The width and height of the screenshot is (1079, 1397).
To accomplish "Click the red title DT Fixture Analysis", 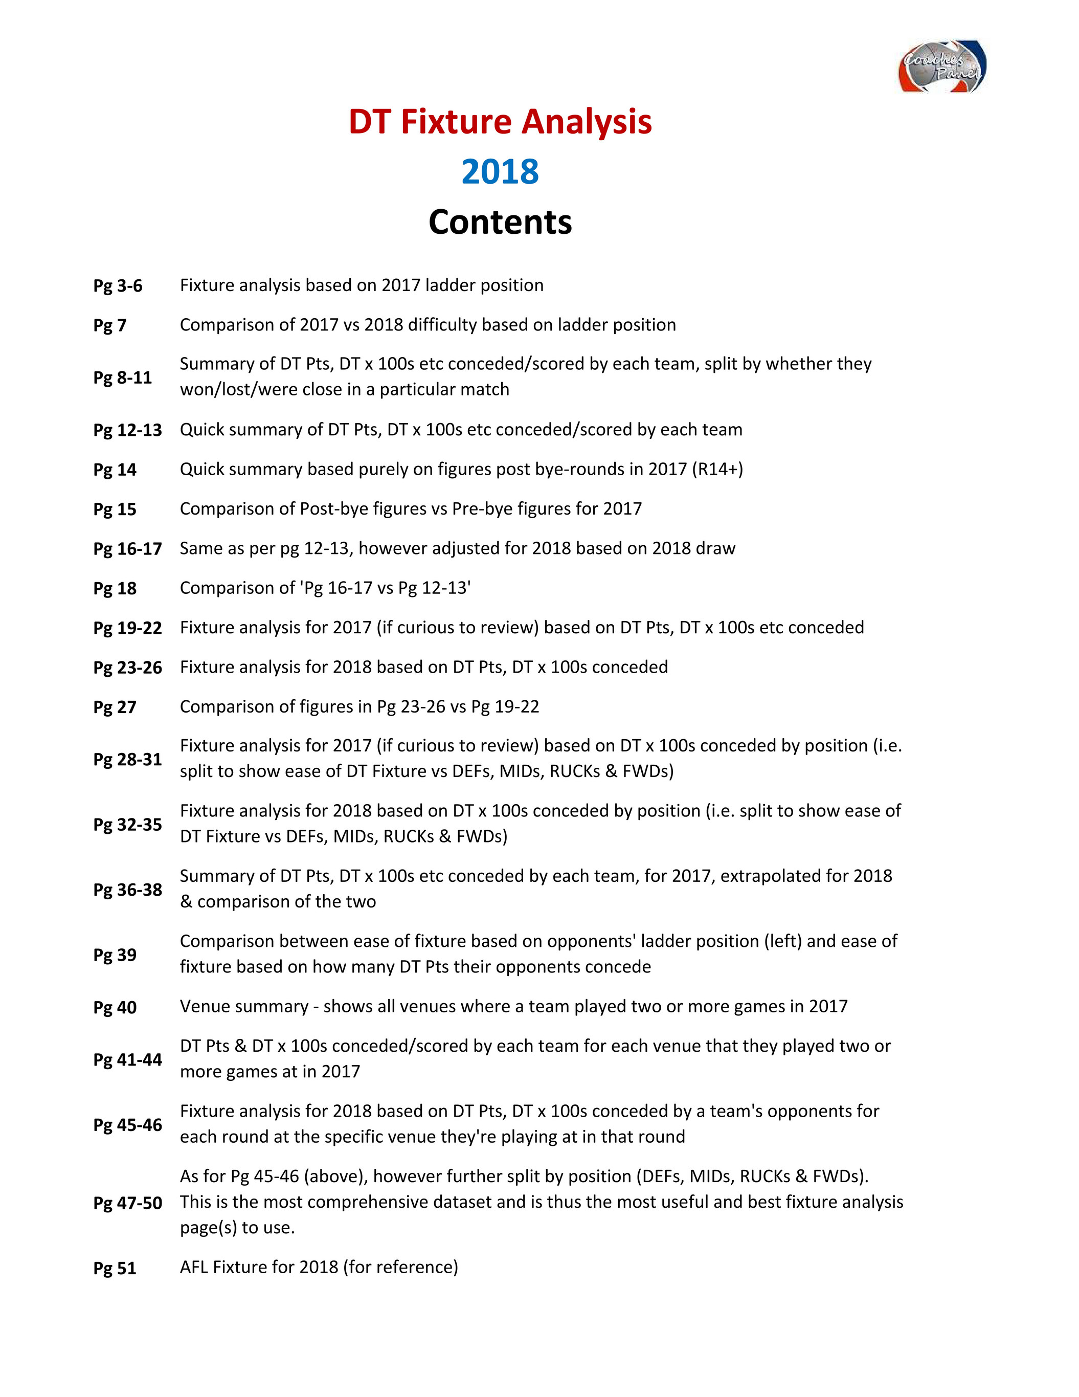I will click(x=500, y=122).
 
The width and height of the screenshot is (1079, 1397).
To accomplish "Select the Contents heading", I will click(x=500, y=222).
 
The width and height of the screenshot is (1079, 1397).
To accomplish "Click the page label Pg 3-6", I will click(x=118, y=285).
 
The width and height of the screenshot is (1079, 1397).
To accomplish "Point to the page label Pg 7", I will click(x=110, y=325).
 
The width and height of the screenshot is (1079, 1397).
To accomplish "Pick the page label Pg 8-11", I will click(x=123, y=378).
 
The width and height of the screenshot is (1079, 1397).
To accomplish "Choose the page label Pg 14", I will click(x=115, y=470).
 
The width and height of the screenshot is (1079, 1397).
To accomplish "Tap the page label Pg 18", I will click(x=115, y=588).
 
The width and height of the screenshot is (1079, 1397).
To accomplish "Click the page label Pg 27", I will click(x=115, y=707).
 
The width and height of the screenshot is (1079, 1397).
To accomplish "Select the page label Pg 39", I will click(x=115, y=955).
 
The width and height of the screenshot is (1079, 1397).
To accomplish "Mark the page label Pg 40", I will click(x=115, y=1007).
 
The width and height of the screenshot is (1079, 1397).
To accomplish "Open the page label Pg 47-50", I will click(x=128, y=1203).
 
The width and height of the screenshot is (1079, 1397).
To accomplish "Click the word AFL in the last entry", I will click(x=194, y=1267).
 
